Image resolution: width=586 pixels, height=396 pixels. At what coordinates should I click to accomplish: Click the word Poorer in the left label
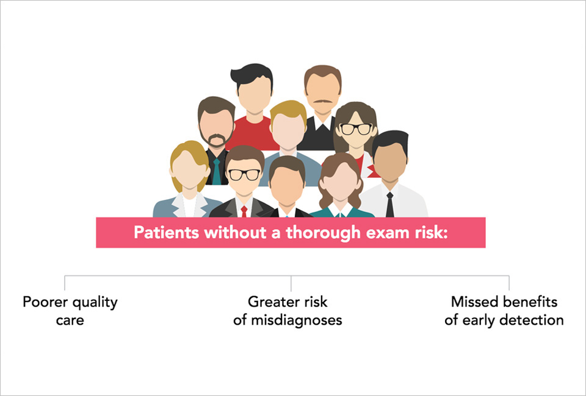(43, 302)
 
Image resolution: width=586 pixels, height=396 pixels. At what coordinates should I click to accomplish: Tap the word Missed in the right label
(471, 302)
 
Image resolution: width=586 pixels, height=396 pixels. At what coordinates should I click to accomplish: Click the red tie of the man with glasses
(244, 211)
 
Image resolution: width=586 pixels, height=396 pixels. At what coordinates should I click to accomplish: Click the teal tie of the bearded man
(216, 172)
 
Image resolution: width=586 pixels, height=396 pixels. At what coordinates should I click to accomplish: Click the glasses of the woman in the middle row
(355, 129)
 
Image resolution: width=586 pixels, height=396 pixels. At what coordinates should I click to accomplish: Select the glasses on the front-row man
(244, 175)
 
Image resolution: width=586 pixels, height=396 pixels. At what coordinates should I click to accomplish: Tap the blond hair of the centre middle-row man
(288, 110)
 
